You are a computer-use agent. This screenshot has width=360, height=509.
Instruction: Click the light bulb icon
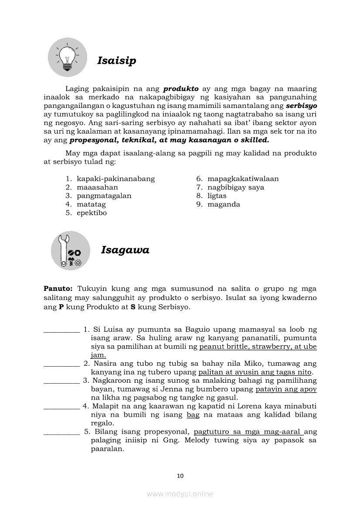click(x=68, y=57)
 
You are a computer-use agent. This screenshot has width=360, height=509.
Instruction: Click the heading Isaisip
click(x=116, y=61)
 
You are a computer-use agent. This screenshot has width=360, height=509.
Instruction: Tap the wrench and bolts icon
click(x=71, y=250)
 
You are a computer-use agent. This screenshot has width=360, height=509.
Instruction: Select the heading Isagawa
click(x=125, y=250)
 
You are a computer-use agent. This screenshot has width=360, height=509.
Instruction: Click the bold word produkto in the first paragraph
click(x=181, y=89)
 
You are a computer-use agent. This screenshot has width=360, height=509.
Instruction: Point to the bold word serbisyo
click(x=301, y=106)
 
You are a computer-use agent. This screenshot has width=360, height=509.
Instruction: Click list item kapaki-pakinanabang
click(x=115, y=179)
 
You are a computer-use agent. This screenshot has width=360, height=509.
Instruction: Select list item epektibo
click(x=92, y=213)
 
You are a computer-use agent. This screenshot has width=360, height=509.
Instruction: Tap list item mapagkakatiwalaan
click(x=243, y=179)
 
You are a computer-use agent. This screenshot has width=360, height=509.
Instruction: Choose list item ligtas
click(x=217, y=196)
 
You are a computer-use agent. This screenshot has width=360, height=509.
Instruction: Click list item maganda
click(x=224, y=204)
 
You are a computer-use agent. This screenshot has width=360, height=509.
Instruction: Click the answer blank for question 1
click(x=61, y=330)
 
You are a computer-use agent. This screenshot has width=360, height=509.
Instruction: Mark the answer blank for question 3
click(x=61, y=381)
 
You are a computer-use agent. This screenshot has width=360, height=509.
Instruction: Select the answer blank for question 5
click(x=61, y=432)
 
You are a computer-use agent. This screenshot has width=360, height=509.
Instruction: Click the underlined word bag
click(x=193, y=415)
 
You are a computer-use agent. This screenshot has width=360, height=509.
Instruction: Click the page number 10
click(x=180, y=476)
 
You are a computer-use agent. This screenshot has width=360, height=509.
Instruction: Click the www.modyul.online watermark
click(x=180, y=494)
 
